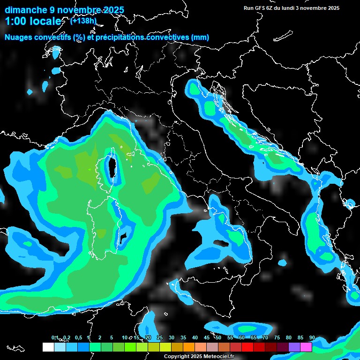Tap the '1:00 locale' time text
point(33,21)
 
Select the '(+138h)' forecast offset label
point(83,21)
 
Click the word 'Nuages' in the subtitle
point(18,37)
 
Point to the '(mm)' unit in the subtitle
point(200,37)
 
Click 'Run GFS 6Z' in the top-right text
point(259,8)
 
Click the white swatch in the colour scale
point(48,347)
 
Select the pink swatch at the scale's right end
point(306,347)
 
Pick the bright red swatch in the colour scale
point(247,347)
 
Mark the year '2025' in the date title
point(112,10)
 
